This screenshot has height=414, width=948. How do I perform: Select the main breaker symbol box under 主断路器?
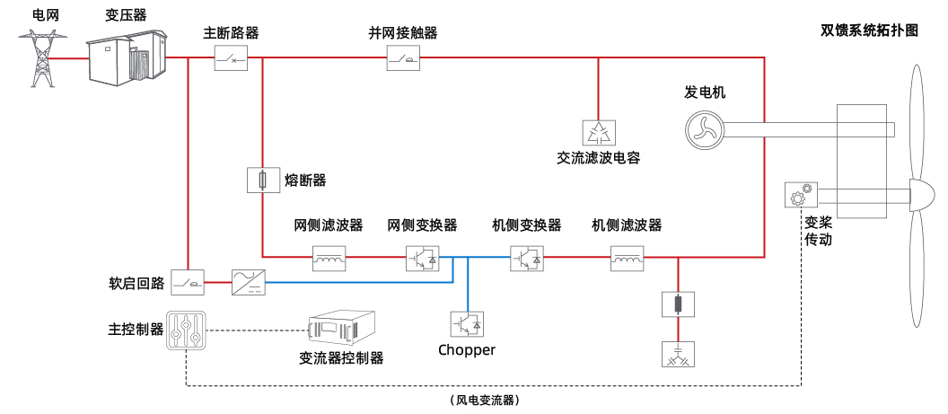coord(231,59)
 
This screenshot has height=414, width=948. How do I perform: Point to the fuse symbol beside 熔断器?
coord(261,181)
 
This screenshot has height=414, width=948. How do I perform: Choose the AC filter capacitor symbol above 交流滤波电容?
coord(598,133)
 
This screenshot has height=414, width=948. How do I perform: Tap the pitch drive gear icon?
coord(799,195)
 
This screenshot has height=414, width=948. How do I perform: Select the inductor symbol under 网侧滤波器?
coord(329,259)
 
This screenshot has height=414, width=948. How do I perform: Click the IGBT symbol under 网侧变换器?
coord(422,259)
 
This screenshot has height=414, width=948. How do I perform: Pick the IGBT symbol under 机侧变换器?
coord(526,259)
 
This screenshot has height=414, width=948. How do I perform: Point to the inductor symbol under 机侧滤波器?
coord(627,259)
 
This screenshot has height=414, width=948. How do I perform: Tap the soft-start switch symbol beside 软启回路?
coord(188,283)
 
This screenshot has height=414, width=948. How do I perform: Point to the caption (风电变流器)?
coord(486,400)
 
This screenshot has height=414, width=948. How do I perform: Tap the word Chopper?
coord(467,350)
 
